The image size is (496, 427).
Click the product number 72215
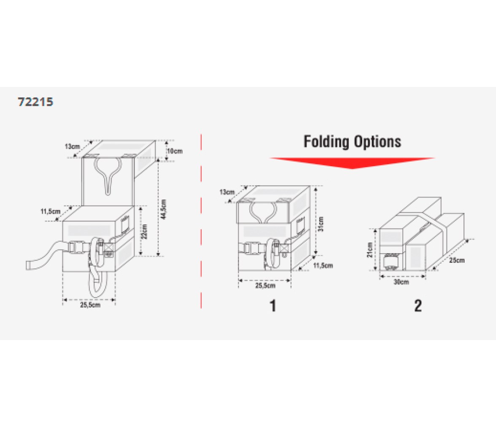pyautogui.click(x=35, y=102)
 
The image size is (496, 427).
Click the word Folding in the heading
pyautogui.click(x=326, y=141)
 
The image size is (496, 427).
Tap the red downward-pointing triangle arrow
pyautogui.click(x=352, y=163)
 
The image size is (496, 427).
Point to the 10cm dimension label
pyautogui.click(x=175, y=151)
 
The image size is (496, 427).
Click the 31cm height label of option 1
pyautogui.click(x=321, y=224)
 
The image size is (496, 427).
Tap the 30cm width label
pyautogui.click(x=401, y=282)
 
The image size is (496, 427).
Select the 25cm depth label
pyautogui.click(x=457, y=260)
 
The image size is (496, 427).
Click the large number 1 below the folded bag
pyautogui.click(x=272, y=306)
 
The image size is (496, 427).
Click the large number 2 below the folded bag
pyautogui.click(x=418, y=306)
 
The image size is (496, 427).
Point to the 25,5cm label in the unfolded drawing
pyautogui.click(x=90, y=305)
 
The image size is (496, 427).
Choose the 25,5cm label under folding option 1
pyautogui.click(x=265, y=286)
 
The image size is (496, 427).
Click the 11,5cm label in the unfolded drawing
pyautogui.click(x=50, y=211)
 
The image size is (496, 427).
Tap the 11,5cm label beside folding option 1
pyautogui.click(x=323, y=265)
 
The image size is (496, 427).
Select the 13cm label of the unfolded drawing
pyautogui.click(x=73, y=146)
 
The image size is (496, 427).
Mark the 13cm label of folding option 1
pyautogui.click(x=227, y=192)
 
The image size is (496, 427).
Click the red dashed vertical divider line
pyautogui.click(x=201, y=221)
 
